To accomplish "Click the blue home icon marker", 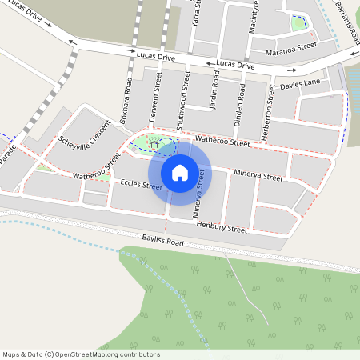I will pyautogui.click(x=180, y=172).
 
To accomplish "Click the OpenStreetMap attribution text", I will pyautogui.click(x=81, y=354).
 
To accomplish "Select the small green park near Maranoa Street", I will pyautogui.click(x=299, y=22).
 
